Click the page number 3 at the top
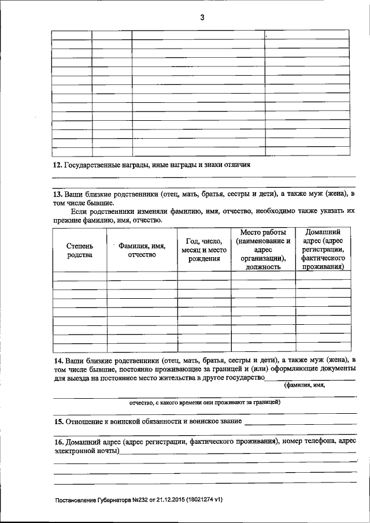[202, 17]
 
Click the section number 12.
[57, 165]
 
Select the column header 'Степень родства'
[79, 250]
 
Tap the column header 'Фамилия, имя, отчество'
[142, 250]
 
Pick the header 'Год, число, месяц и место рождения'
[204, 250]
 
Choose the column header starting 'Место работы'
[263, 250]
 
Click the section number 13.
[57, 194]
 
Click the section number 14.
[57, 359]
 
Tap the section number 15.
[57, 421]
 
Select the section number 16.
[57, 442]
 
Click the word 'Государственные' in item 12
[92, 165]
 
